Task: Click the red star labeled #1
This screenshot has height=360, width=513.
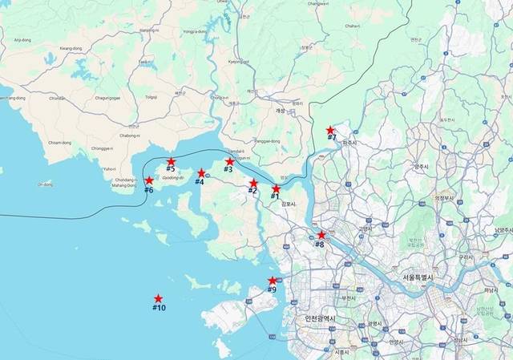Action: [x=277, y=188]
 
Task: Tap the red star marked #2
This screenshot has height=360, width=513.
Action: [x=253, y=183]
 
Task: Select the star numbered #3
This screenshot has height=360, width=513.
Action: [x=230, y=162]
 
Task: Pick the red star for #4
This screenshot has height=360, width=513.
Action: [x=201, y=173]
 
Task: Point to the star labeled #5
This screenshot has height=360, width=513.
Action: [x=171, y=162]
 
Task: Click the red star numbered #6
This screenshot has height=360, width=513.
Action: [x=149, y=181]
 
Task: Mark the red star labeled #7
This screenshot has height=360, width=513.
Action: [x=329, y=130]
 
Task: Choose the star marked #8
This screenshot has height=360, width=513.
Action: [x=321, y=235]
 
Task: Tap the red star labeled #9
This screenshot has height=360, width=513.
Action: [x=273, y=281]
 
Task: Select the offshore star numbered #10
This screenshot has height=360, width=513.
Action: [x=159, y=299]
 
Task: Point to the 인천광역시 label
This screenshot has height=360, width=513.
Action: [x=320, y=318]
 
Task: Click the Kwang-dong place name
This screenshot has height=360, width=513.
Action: [x=71, y=48]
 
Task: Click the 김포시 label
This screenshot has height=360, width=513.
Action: [x=289, y=204]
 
